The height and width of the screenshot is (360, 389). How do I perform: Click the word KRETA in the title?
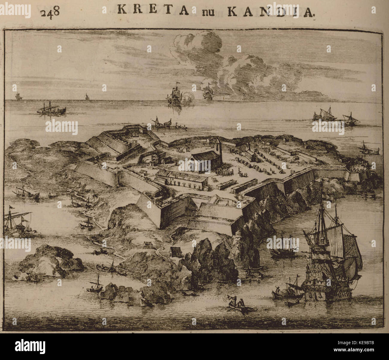tap(153, 10)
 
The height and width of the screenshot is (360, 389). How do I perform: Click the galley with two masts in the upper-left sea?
tap(51, 109)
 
